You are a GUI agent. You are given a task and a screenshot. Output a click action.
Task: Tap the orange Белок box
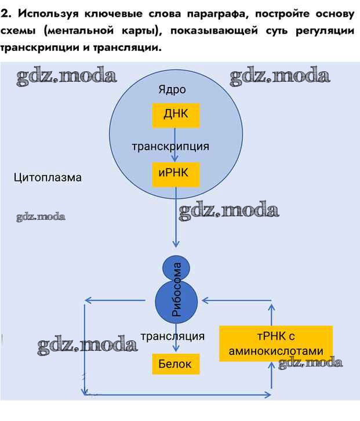tap(175, 364)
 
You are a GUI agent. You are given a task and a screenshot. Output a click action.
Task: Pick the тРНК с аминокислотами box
tap(276, 344)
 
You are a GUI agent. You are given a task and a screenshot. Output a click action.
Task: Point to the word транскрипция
tap(170, 146)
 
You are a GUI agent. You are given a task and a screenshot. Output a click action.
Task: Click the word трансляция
tap(173, 336)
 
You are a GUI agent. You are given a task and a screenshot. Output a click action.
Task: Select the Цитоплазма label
tap(48, 177)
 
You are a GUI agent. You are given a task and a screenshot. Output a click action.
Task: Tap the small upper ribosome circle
tap(176, 268)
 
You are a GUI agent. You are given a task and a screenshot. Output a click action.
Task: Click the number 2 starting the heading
tap(5, 13)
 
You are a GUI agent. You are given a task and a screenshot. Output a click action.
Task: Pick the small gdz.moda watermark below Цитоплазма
tap(41, 217)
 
